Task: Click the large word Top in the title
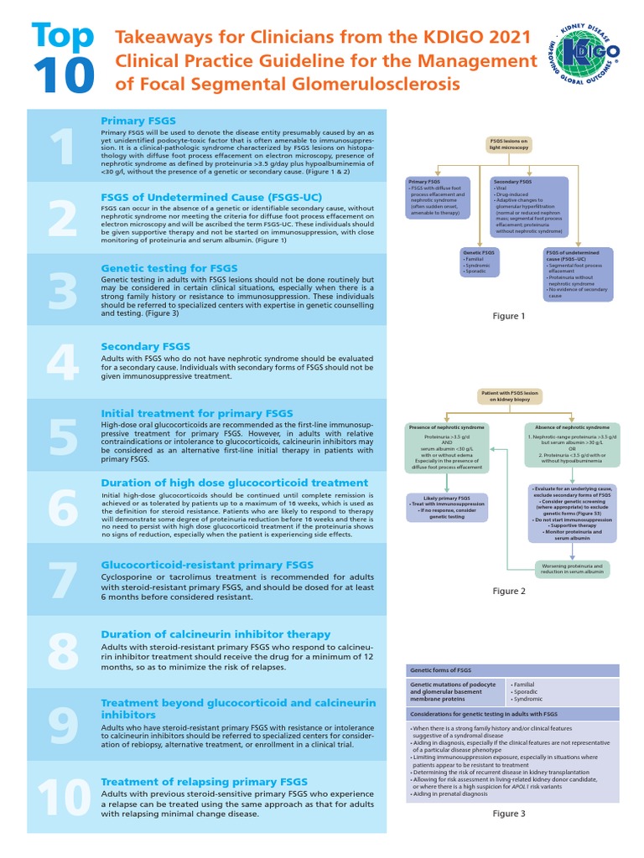(60, 35)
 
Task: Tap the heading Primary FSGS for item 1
(138, 121)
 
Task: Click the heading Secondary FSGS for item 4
(145, 346)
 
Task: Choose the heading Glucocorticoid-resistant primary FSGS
(207, 565)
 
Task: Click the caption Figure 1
(508, 316)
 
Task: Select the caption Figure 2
(508, 592)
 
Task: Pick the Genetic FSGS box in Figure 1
(480, 261)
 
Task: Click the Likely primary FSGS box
(447, 507)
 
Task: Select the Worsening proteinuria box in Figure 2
(574, 570)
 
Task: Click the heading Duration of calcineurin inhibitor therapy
(216, 634)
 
